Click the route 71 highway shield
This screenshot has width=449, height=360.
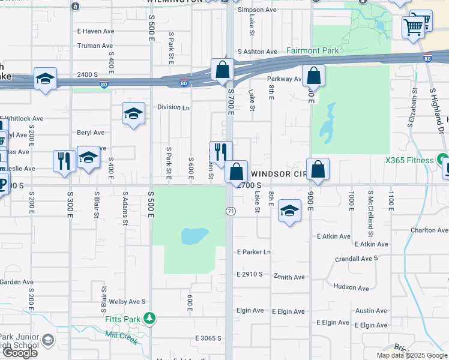(x=230, y=211)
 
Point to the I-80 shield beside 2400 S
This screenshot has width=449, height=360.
(x=104, y=85)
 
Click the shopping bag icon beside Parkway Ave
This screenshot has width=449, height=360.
(x=313, y=76)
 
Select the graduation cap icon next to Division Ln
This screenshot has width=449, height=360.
(x=133, y=113)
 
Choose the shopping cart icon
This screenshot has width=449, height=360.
(x=413, y=26)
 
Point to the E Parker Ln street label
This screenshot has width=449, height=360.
(x=254, y=252)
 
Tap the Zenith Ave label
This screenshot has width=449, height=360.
(x=289, y=277)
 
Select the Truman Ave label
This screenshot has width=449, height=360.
(x=95, y=46)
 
